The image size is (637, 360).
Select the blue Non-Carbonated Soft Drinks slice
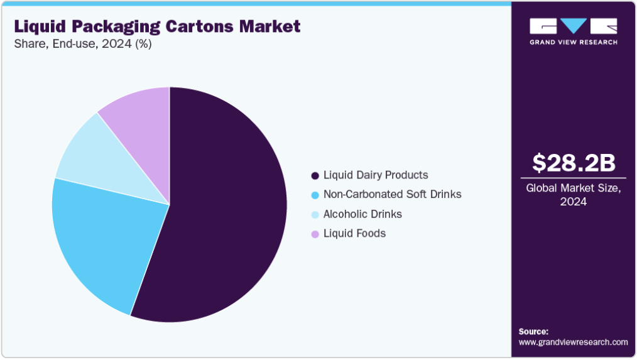point(101,239)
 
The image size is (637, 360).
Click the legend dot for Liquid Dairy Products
point(315,175)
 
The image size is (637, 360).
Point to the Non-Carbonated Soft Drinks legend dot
point(315,195)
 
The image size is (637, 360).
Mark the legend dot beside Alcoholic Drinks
point(315,214)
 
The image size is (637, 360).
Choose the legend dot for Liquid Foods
point(315,234)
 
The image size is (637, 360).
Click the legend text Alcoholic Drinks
point(362,214)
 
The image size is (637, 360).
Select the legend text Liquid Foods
point(354,234)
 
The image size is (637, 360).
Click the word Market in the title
point(271,26)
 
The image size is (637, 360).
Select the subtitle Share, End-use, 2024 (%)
point(82,44)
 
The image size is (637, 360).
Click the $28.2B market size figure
point(574,163)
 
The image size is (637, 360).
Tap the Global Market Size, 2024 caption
point(574,195)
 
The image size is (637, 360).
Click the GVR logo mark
point(574,26)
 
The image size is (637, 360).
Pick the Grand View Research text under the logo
point(574,42)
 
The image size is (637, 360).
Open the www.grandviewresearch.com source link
point(573,342)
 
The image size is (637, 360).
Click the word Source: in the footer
point(533,331)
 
